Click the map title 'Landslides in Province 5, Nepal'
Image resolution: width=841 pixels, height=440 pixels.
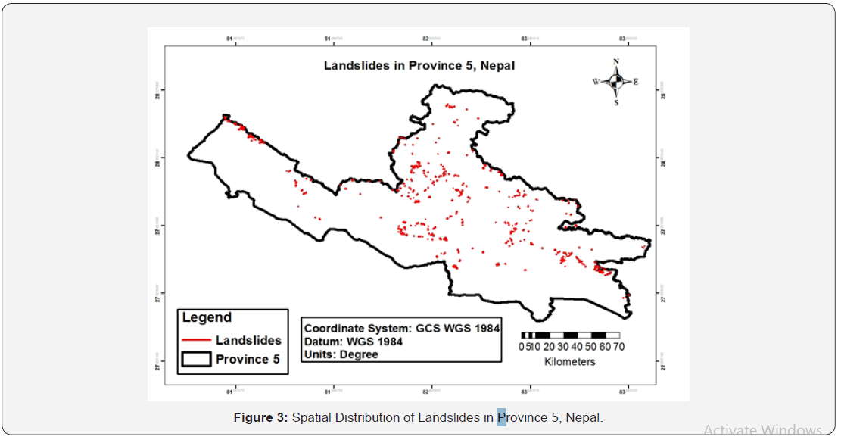tap(419, 65)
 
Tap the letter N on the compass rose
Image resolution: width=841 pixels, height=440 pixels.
tap(616, 61)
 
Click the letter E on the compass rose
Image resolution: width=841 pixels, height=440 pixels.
tap(635, 82)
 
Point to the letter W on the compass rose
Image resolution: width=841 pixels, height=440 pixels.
tap(596, 82)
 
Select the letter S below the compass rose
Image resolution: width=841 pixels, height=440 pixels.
tap(616, 102)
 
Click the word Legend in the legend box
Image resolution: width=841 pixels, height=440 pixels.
tap(207, 318)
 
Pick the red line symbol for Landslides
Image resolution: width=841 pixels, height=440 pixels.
tap(195, 341)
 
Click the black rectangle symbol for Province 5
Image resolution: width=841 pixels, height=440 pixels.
tap(195, 359)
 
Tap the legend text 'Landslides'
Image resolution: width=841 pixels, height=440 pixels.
tap(248, 341)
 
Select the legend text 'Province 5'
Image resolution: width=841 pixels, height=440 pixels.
tap(248, 359)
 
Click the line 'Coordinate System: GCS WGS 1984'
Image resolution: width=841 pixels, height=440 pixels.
tap(401, 329)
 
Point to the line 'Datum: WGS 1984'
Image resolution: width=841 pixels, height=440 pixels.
tap(353, 342)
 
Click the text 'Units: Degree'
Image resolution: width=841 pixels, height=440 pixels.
tap(341, 354)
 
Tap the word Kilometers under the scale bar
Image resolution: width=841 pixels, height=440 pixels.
tap(569, 362)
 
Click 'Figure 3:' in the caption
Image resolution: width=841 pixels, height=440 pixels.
tap(260, 417)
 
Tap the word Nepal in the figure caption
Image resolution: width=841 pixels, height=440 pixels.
tap(583, 417)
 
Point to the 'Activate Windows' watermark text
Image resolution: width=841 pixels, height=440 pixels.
tap(762, 430)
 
